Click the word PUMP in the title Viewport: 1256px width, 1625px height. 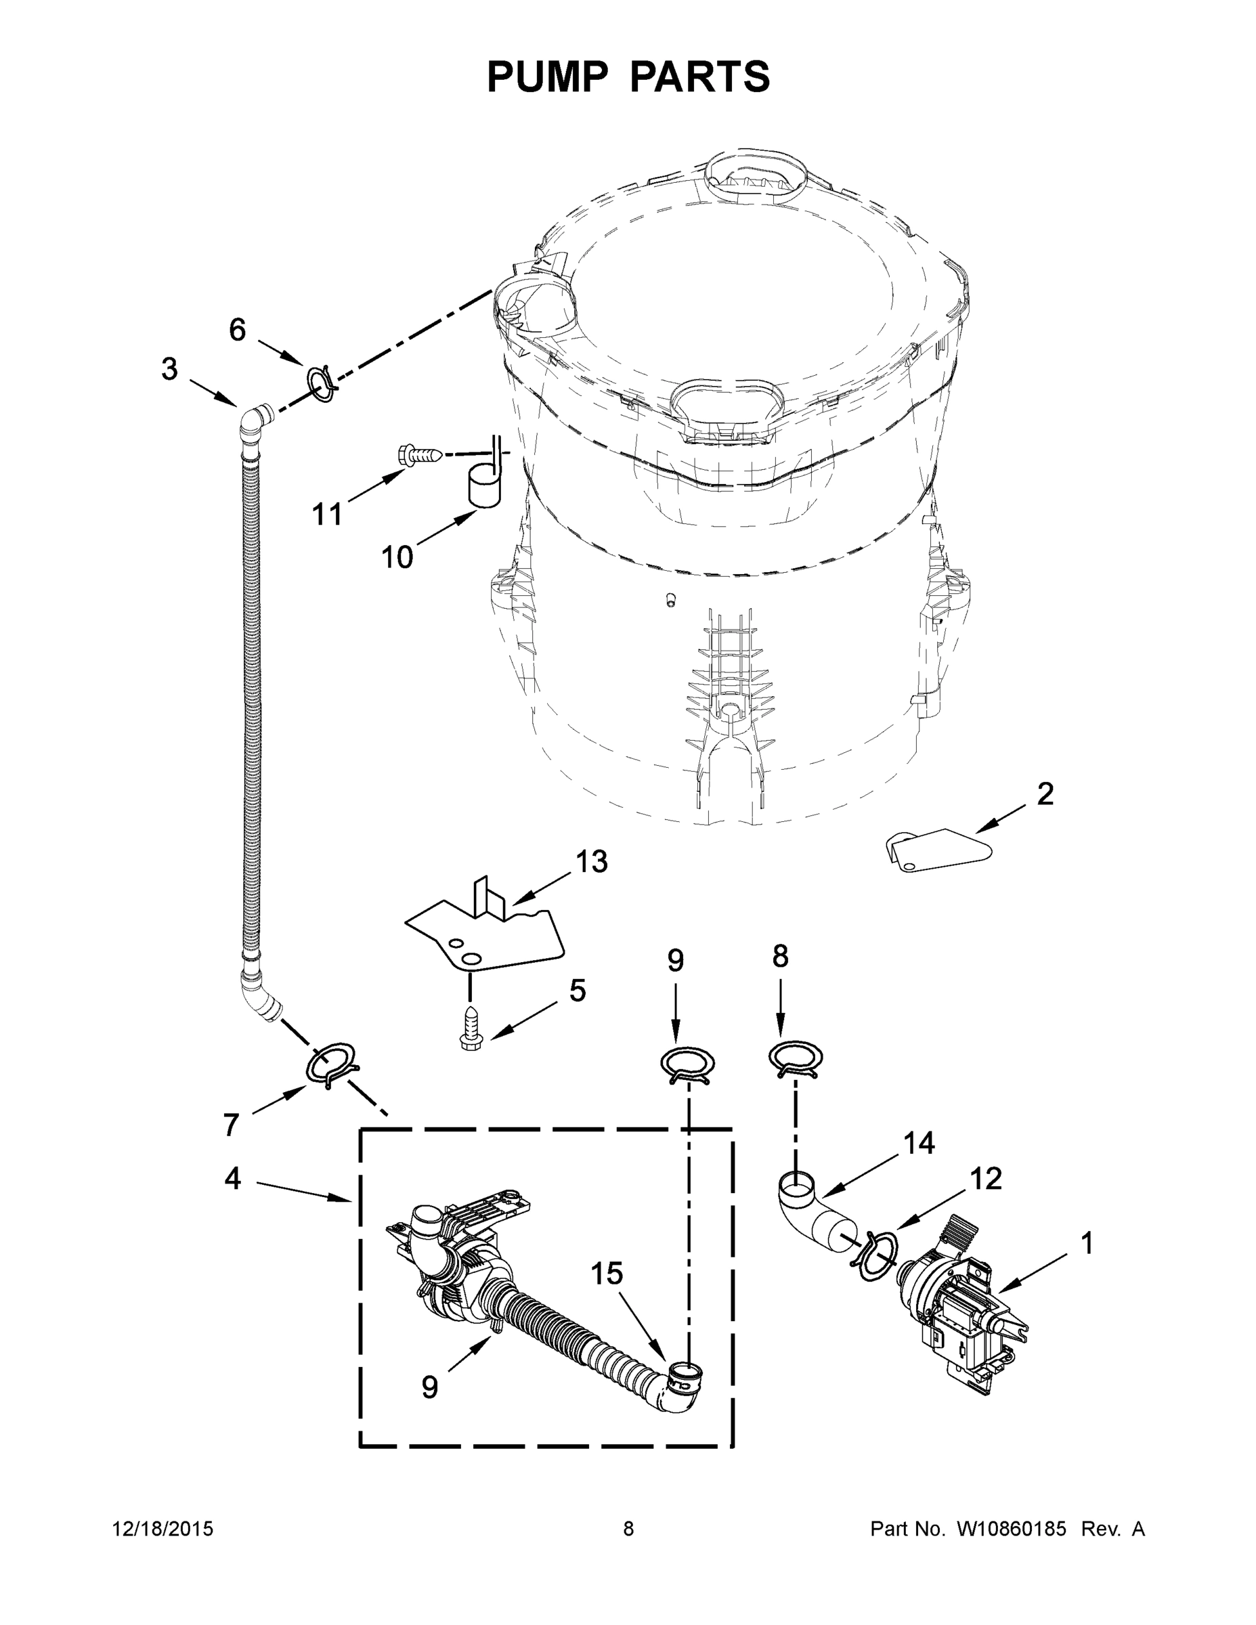547,77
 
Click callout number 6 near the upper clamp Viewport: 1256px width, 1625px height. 236,330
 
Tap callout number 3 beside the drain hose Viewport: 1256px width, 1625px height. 170,369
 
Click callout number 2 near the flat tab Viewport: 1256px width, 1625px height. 1045,794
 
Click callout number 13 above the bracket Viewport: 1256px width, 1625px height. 592,862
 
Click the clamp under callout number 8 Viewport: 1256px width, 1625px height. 795,1058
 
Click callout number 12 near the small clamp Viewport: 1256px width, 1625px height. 986,1179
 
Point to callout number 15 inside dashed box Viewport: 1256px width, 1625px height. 607,1274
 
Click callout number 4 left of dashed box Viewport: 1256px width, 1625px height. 233,1178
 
